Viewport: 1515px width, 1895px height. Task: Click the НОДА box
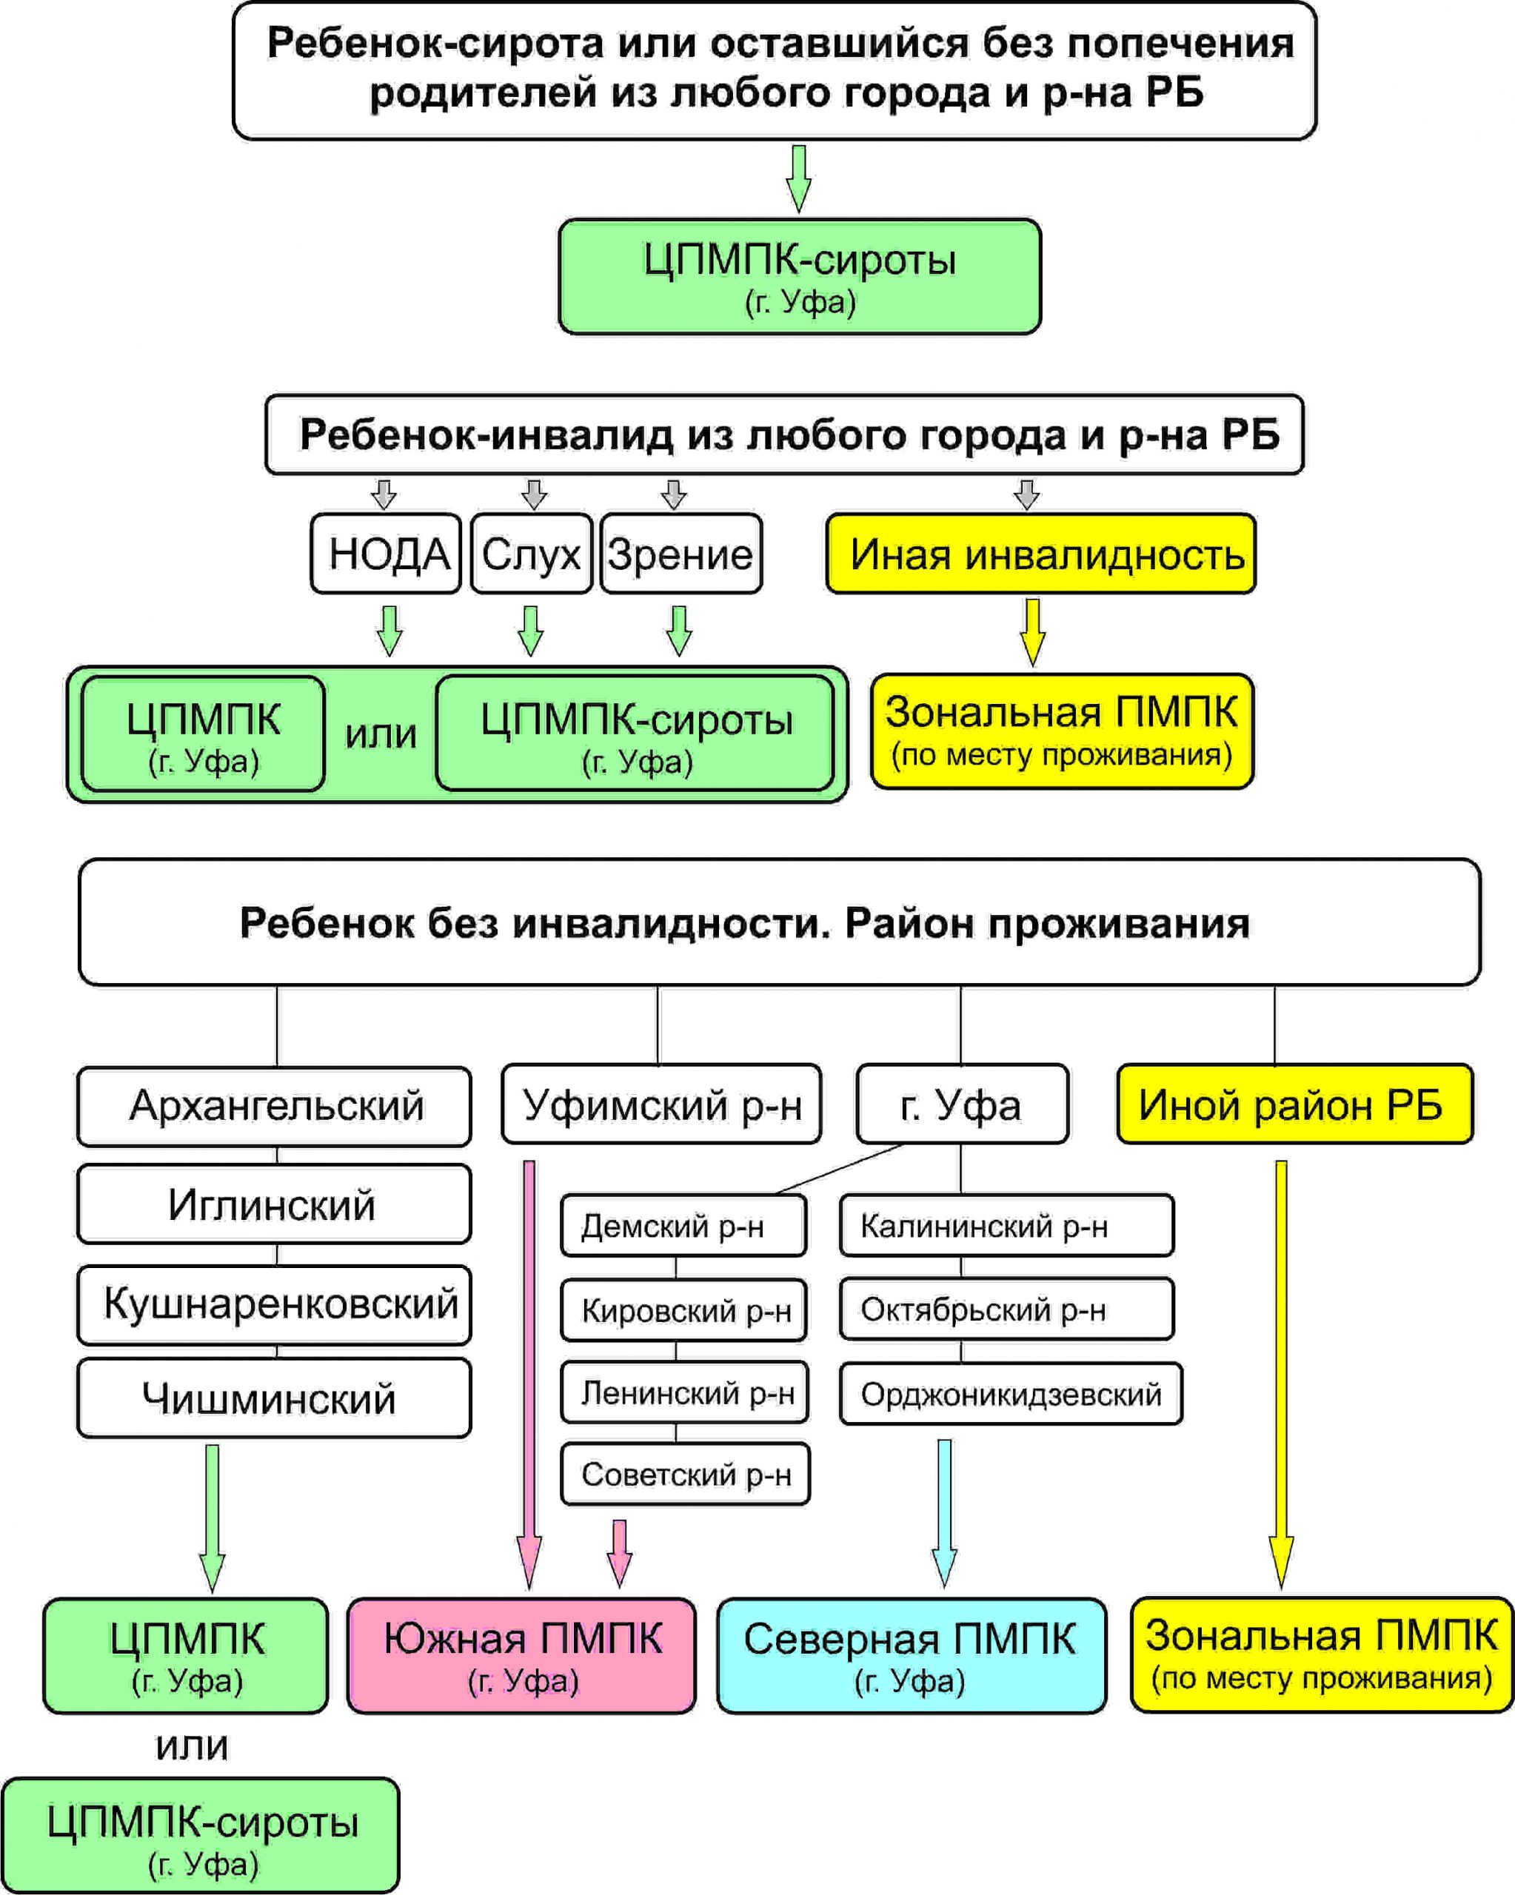386,554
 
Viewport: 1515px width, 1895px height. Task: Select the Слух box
532,554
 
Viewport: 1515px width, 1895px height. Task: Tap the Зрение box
681,554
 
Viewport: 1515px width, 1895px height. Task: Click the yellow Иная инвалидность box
1041,554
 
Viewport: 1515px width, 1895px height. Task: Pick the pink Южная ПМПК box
521,1656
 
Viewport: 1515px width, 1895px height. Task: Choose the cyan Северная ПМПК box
912,1656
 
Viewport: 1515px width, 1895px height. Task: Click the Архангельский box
274,1107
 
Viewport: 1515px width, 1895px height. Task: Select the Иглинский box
274,1204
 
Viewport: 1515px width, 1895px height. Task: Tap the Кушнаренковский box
274,1305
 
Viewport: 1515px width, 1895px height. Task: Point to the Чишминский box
274,1398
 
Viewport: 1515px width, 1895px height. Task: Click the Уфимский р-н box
662,1104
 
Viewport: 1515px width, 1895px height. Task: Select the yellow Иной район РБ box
1295,1104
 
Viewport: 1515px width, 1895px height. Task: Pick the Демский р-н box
684,1225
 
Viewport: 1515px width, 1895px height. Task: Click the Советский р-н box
686,1474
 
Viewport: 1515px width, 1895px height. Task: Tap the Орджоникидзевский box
1011,1394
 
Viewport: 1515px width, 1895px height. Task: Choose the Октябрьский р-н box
1007,1309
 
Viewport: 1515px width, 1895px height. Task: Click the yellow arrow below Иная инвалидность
1033,632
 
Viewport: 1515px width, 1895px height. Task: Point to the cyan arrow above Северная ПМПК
944,1514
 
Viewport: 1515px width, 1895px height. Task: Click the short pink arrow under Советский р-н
620,1554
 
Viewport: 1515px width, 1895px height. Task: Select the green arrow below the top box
798,178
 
